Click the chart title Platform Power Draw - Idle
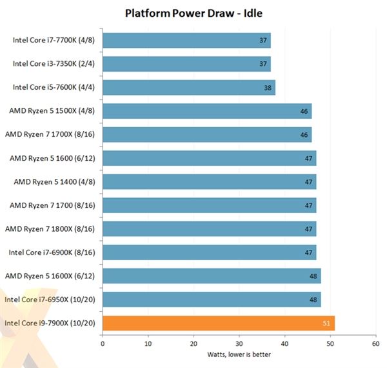click(193, 12)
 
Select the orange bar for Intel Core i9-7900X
click(219, 323)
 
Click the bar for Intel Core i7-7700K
click(186, 41)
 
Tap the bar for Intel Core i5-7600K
click(189, 88)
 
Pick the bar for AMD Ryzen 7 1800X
click(209, 229)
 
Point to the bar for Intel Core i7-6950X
click(212, 300)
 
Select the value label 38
click(268, 88)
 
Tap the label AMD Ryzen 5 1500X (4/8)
click(52, 111)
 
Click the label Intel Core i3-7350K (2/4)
click(54, 64)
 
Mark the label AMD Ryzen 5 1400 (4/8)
click(55, 181)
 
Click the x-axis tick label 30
click(239, 343)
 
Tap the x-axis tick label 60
click(375, 343)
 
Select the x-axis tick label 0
click(103, 343)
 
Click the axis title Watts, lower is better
click(239, 354)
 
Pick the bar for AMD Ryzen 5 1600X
click(212, 276)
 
